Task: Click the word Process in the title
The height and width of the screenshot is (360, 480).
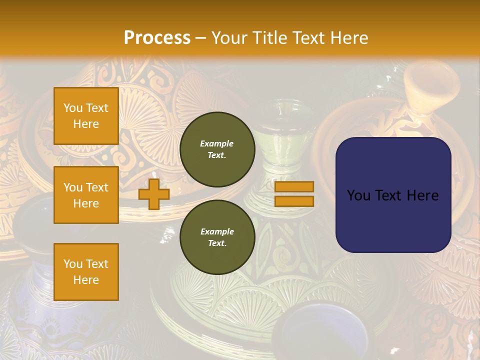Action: click(157, 38)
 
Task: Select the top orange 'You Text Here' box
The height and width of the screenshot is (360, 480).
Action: click(86, 116)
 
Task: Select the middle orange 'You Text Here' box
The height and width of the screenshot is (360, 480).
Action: click(86, 195)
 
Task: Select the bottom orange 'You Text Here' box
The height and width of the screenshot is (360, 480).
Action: click(86, 272)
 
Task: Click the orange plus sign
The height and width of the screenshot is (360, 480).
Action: click(154, 194)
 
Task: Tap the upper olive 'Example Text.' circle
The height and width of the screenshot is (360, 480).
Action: click(217, 149)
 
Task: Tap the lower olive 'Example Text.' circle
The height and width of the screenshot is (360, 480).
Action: click(217, 237)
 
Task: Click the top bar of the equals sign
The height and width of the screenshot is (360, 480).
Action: click(294, 187)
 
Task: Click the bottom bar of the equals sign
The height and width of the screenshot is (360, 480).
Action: click(294, 201)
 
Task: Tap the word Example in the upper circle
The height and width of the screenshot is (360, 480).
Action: click(217, 144)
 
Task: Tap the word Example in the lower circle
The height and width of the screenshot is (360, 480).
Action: click(217, 232)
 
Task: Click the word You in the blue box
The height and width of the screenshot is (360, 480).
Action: click(358, 195)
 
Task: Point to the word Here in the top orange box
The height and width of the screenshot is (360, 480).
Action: click(86, 124)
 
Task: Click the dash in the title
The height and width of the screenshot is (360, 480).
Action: click(201, 38)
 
